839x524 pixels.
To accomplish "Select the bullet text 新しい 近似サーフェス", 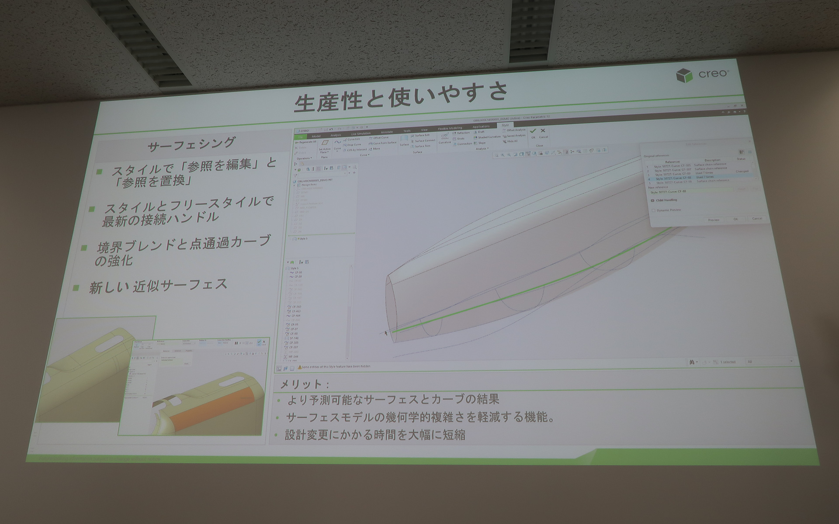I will pyautogui.click(x=158, y=286).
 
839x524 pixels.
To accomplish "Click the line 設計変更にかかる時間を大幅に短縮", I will pyautogui.click(x=374, y=435).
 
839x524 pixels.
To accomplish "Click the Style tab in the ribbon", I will pyautogui.click(x=505, y=126).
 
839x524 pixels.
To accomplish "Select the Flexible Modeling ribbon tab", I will pyautogui.click(x=450, y=128).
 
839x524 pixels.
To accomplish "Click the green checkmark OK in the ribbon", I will pyautogui.click(x=533, y=131).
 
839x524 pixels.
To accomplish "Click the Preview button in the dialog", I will pyautogui.click(x=713, y=220).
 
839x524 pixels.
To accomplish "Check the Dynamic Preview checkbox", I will pyautogui.click(x=654, y=210).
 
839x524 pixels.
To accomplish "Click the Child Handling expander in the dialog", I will pyautogui.click(x=653, y=200).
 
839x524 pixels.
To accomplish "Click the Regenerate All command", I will pyautogui.click(x=305, y=141).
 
